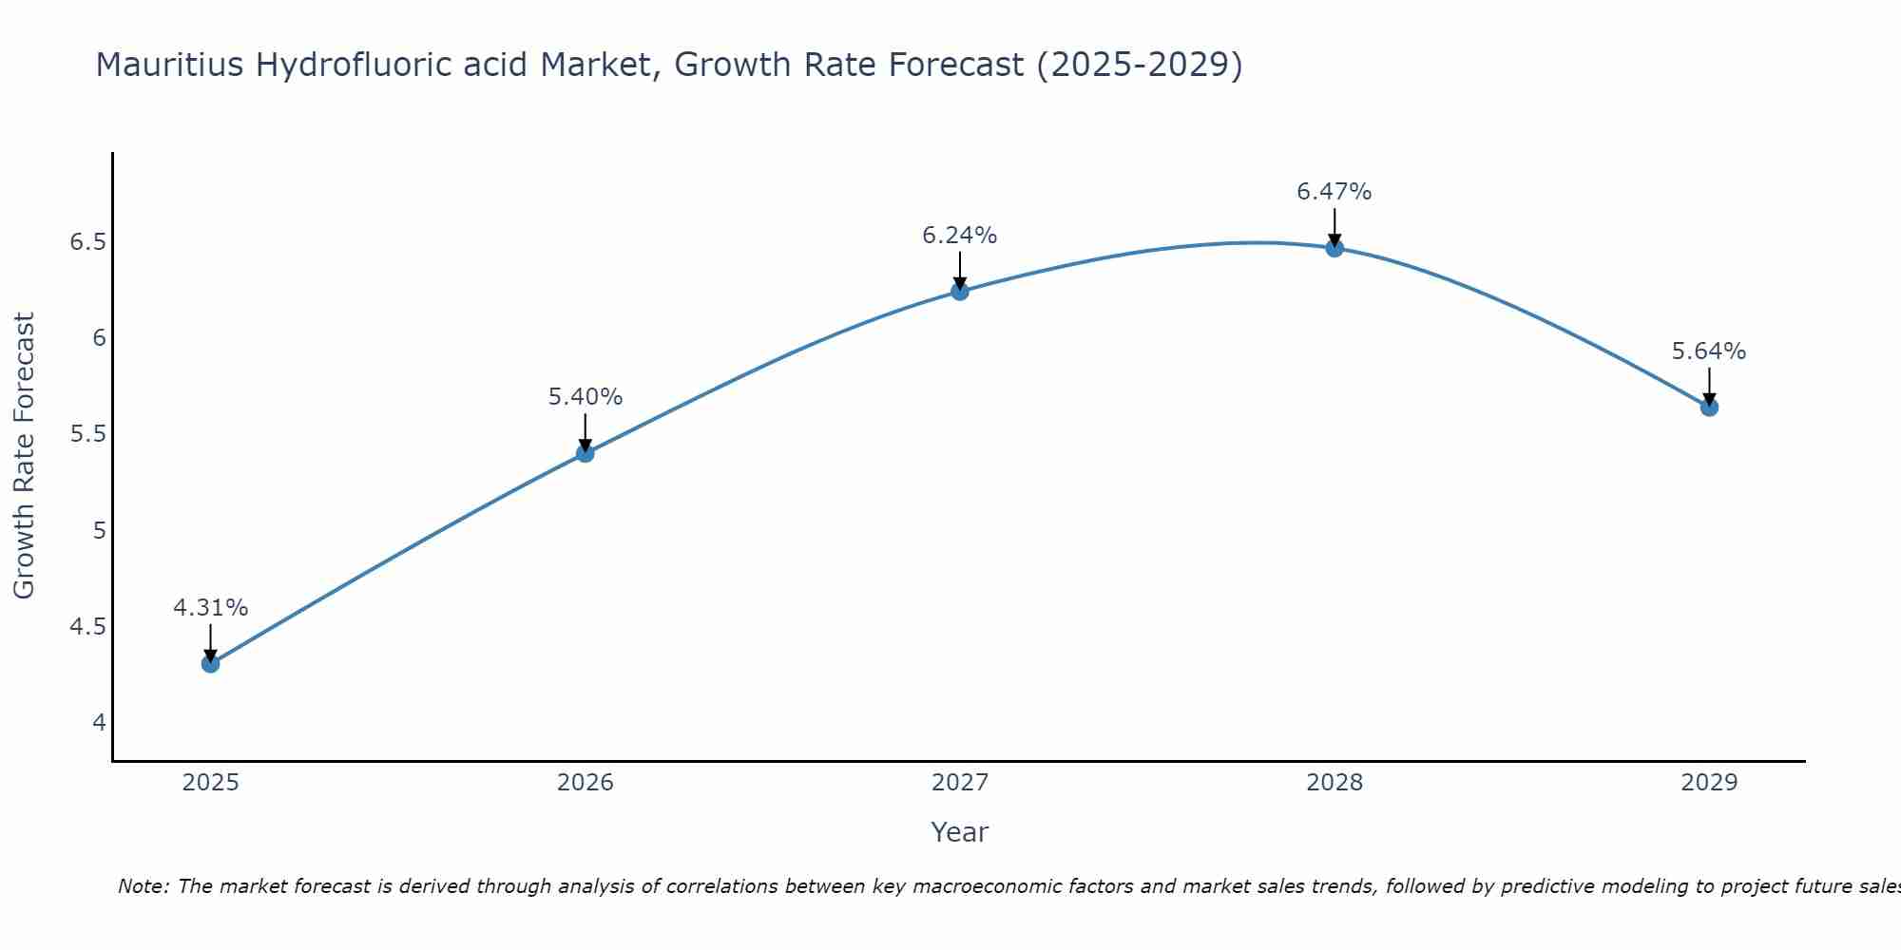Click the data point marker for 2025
211,663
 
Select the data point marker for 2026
586,453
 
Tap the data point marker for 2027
960,292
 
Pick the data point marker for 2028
1335,248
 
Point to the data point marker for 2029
1709,408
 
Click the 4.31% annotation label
211,608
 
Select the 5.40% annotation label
586,397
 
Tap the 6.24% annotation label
960,236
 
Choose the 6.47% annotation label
1335,192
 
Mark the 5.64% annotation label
1709,351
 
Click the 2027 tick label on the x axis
960,783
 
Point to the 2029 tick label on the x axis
1709,783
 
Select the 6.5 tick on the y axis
87,242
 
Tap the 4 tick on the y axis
99,723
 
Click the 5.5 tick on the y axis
87,434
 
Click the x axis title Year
960,832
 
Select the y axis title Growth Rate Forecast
25,456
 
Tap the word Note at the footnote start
143,886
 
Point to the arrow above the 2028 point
1335,226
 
